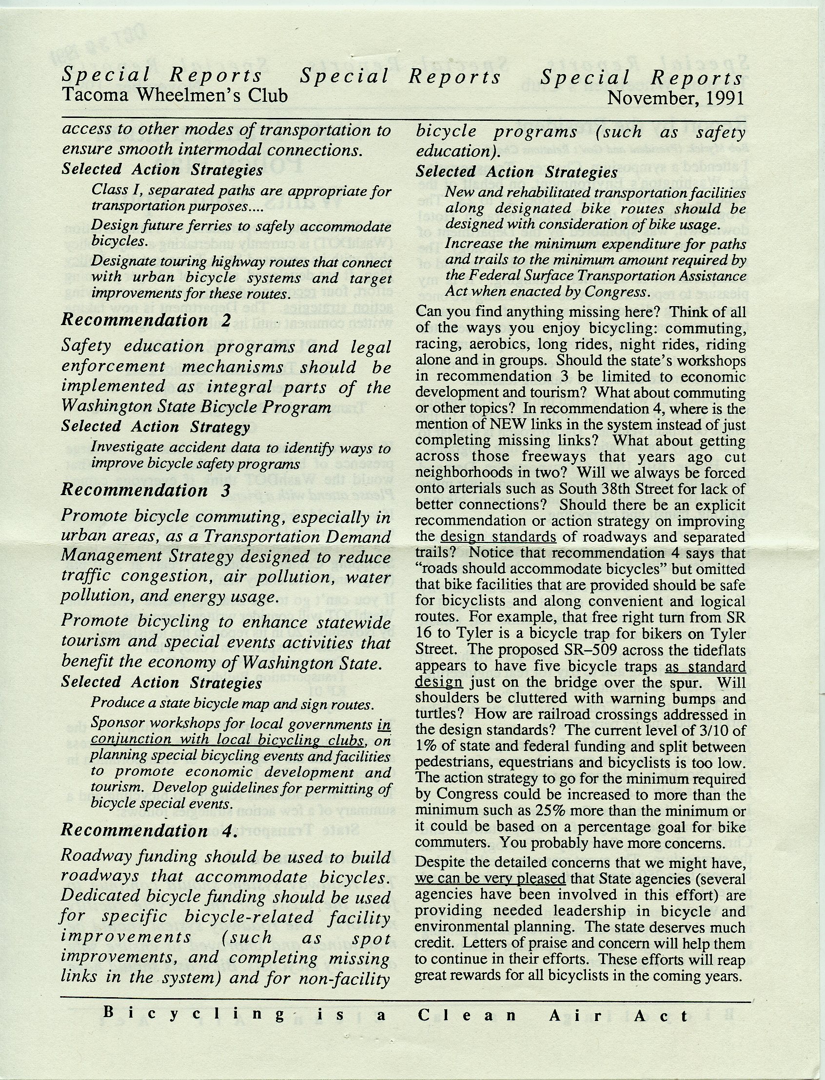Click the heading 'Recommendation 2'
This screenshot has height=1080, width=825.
click(x=146, y=320)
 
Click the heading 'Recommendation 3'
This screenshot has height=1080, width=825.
click(x=146, y=490)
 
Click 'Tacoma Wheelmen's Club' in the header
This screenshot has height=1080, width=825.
click(x=175, y=95)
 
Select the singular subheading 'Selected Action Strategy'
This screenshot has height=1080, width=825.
click(x=156, y=426)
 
